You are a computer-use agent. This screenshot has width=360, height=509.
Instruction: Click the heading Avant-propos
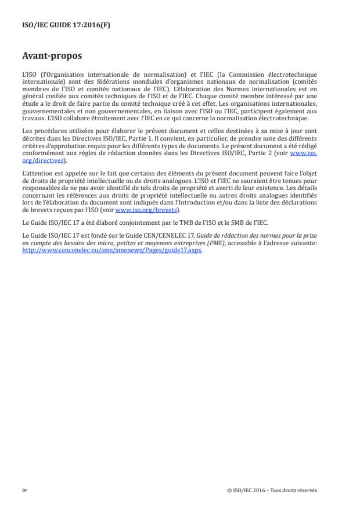click(x=52, y=56)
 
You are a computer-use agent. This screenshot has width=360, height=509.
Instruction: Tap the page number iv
click(x=24, y=490)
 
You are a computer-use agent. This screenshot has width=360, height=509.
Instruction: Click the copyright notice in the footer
click(x=272, y=490)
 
